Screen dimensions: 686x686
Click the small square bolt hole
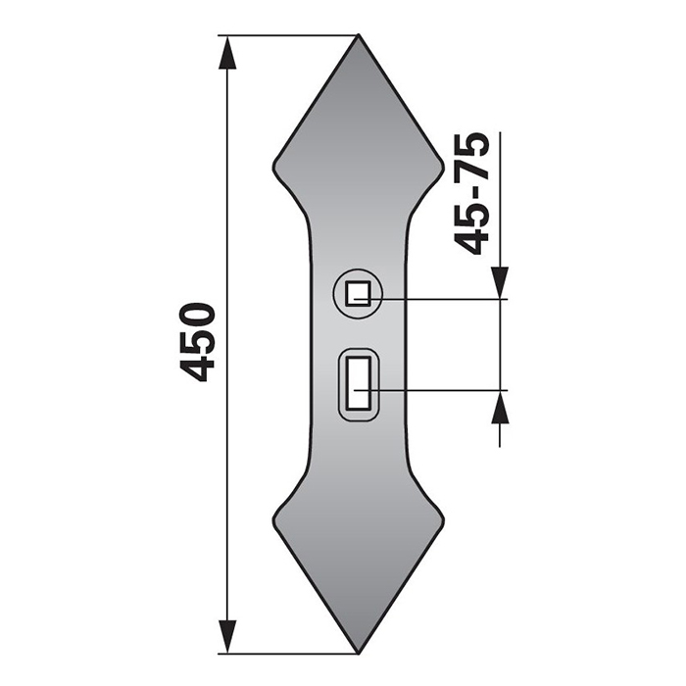coord(358,292)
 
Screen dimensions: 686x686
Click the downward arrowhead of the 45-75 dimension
coord(501,281)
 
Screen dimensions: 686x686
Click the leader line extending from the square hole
coord(441,297)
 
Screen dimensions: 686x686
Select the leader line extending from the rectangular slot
coord(441,390)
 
